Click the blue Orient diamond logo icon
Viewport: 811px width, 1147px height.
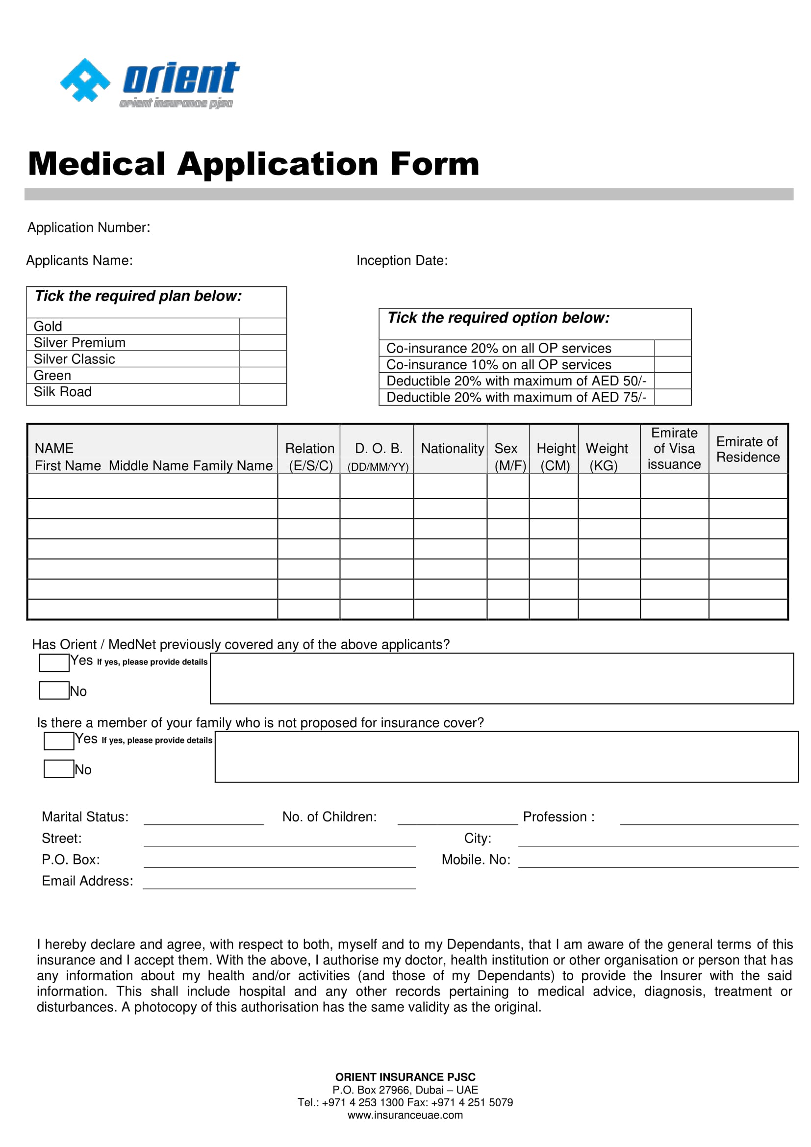tap(85, 80)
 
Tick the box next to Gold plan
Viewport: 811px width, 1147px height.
tap(263, 326)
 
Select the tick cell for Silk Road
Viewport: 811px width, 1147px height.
tap(263, 394)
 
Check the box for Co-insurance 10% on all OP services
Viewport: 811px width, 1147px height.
tap(672, 364)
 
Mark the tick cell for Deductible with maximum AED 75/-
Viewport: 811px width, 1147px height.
tap(672, 397)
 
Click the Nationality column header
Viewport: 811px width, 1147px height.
tap(452, 448)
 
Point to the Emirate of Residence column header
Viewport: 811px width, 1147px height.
tap(747, 449)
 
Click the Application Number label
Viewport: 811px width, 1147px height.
tap(88, 228)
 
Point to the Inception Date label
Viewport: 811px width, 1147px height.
tap(402, 260)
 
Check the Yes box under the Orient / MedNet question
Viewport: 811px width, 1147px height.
tap(54, 663)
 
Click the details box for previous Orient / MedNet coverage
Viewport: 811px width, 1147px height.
tap(502, 678)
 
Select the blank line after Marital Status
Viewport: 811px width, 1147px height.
tap(203, 819)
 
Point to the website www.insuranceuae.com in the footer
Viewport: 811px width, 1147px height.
tap(405, 1115)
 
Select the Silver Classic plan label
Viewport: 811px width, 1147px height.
tap(74, 358)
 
